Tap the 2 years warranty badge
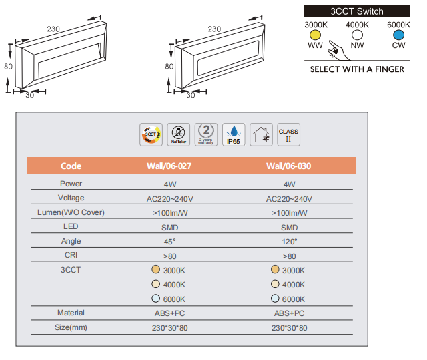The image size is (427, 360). (x=206, y=134)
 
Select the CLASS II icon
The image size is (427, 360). (x=288, y=134)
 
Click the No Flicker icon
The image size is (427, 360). (x=178, y=134)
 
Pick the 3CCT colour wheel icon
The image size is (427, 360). (x=150, y=134)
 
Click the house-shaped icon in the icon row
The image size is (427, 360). (x=261, y=135)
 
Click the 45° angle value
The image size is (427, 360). (x=169, y=241)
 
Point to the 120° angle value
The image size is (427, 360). (x=289, y=241)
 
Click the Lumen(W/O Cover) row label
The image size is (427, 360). (x=71, y=212)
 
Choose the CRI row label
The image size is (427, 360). (x=71, y=255)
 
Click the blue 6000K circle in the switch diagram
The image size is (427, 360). (x=398, y=35)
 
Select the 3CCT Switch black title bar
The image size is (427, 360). (x=357, y=11)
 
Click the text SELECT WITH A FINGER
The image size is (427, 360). (x=357, y=69)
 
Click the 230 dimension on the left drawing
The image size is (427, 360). (x=55, y=28)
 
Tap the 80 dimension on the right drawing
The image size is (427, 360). (x=169, y=66)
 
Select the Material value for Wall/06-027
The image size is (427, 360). (x=169, y=313)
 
